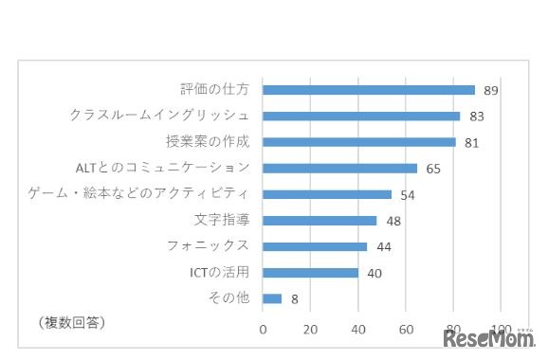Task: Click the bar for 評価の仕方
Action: pyautogui.click(x=369, y=90)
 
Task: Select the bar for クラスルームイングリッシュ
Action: pyautogui.click(x=361, y=117)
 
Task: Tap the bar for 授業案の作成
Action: pyautogui.click(x=359, y=142)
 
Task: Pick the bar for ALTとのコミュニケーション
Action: pyautogui.click(x=339, y=169)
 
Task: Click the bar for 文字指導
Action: pyautogui.click(x=320, y=221)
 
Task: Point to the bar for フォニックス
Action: pyautogui.click(x=315, y=246)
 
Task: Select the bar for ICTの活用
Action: pyautogui.click(x=310, y=273)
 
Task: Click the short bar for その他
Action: pyautogui.click(x=272, y=298)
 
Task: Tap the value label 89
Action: pyautogui.click(x=490, y=91)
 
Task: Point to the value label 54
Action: pyautogui.click(x=407, y=195)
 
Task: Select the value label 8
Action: pyautogui.click(x=295, y=299)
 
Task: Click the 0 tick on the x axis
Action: pyautogui.click(x=264, y=330)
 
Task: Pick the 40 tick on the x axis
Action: pyautogui.click(x=358, y=330)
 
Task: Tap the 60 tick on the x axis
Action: pyautogui.click(x=406, y=330)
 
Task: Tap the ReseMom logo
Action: pyautogui.click(x=487, y=339)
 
